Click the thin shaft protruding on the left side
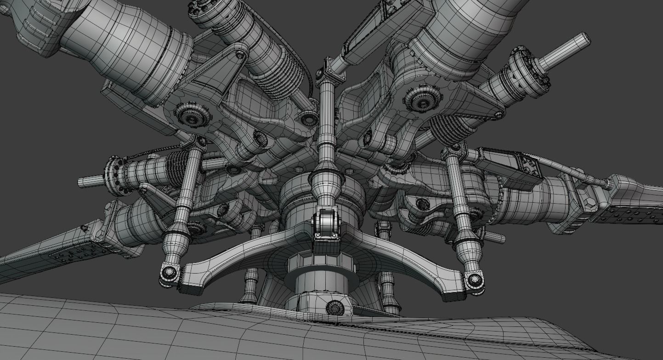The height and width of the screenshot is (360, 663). [91, 182]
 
